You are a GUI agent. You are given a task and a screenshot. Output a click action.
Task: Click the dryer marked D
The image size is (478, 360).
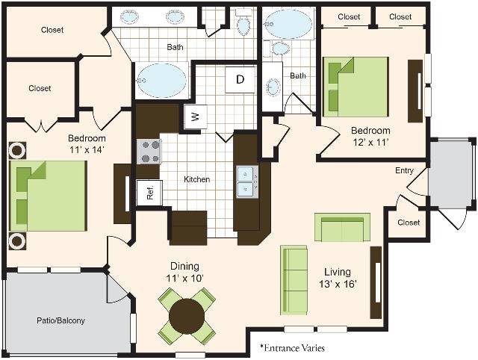click(240, 80)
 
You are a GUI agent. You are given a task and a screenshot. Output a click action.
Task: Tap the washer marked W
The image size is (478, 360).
click(196, 116)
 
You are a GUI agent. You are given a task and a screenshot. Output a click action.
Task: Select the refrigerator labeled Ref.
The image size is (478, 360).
click(149, 193)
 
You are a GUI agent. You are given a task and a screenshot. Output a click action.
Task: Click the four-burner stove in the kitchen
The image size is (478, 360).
click(149, 151)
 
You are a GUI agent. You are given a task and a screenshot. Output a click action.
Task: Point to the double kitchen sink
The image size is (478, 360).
click(247, 181)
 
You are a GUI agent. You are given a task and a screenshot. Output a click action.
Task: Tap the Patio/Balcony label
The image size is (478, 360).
click(60, 320)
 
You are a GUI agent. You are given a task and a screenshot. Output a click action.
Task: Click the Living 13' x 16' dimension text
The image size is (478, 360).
click(338, 278)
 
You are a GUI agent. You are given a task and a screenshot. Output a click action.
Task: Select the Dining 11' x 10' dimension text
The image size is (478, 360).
click(184, 272)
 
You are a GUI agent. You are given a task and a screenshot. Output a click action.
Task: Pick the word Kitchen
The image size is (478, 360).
click(197, 179)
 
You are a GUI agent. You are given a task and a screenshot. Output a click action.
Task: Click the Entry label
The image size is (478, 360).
click(404, 170)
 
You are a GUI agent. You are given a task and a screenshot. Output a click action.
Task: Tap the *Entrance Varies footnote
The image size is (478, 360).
click(292, 348)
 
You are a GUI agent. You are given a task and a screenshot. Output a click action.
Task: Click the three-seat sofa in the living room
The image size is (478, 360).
click(294, 280)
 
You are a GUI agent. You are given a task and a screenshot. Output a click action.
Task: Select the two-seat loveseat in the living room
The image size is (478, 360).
click(342, 227)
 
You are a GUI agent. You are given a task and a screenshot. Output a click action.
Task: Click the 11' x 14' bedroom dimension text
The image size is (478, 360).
click(87, 149)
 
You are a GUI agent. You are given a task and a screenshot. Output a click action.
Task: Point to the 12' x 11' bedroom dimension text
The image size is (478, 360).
click(370, 142)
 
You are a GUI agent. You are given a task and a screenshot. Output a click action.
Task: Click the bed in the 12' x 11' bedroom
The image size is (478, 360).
click(356, 87)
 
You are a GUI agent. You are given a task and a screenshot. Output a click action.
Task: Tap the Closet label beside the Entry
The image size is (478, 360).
click(409, 223)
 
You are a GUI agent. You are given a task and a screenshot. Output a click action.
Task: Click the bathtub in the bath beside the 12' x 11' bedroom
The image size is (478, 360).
click(288, 24)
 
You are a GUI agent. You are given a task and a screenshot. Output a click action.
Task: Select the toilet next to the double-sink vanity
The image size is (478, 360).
click(243, 22)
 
